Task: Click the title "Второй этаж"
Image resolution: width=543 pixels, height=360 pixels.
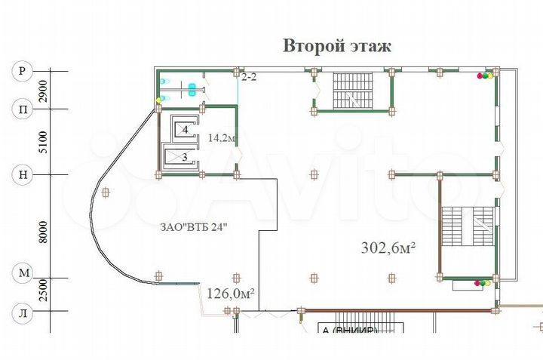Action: coord(337,47)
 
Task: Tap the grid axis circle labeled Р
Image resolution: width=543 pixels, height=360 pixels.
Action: coord(22,72)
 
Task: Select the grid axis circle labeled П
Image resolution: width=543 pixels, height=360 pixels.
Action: coord(22,109)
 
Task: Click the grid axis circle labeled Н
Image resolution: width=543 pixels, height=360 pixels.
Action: coord(22,175)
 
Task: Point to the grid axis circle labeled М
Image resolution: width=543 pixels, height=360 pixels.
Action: coord(22,272)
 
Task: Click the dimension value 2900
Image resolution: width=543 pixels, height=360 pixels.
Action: coord(43,91)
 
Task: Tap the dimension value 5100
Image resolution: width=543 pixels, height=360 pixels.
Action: coord(43,142)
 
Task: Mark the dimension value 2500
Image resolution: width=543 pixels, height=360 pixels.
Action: coord(43,291)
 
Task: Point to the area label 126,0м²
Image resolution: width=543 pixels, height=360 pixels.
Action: coord(230,293)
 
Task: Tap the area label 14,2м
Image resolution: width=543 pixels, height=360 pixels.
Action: coord(222,138)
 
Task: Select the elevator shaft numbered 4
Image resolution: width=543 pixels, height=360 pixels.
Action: coord(185,130)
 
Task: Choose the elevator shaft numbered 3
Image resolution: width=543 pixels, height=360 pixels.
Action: coord(185,157)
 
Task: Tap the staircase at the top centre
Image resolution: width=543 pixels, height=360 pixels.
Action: coord(348,91)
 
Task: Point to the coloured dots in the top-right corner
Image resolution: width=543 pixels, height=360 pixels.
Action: coord(484,75)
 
